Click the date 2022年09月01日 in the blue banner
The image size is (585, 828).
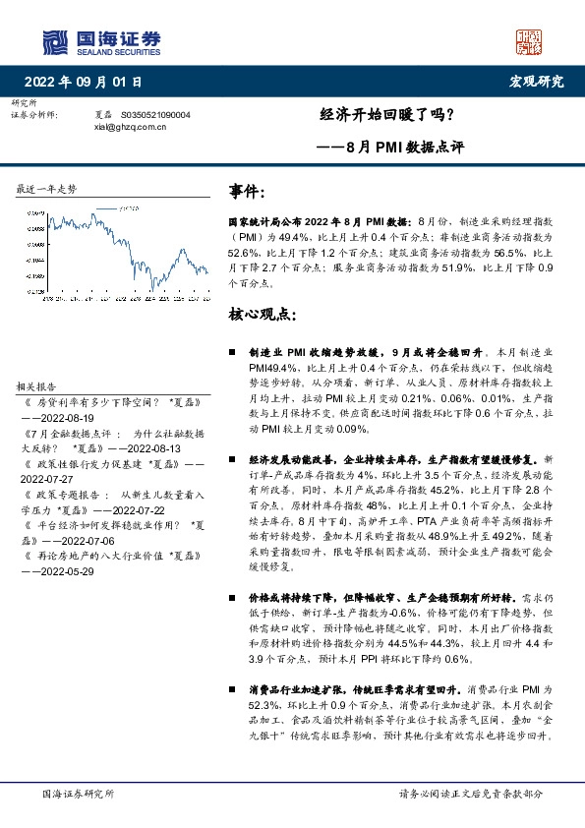tap(88, 82)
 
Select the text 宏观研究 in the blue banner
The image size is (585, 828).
tap(537, 82)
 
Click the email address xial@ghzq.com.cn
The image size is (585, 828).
tap(130, 126)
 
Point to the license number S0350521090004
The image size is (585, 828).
tap(156, 114)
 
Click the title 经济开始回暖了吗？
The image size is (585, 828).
tap(387, 113)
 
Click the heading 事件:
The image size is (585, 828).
tap(246, 191)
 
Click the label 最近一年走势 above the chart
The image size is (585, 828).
tap(46, 188)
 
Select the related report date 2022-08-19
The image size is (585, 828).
tap(66, 417)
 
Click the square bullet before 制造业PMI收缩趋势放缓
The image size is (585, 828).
tap(232, 352)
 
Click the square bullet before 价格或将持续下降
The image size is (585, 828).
tap(232, 597)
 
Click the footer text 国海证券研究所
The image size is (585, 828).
tap(78, 794)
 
